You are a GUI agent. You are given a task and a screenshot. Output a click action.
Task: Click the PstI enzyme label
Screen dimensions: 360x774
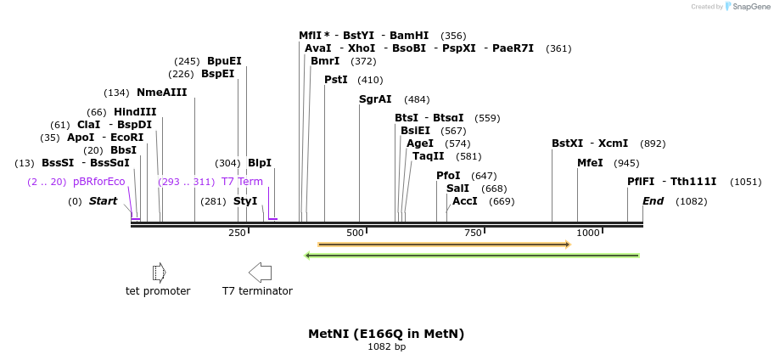[336, 80]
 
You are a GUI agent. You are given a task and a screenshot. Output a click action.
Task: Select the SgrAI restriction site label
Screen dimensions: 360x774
[375, 99]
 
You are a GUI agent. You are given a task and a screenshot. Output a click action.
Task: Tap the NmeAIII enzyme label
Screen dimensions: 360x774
[161, 93]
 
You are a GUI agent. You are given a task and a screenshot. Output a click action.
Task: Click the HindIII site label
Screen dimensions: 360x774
[135, 112]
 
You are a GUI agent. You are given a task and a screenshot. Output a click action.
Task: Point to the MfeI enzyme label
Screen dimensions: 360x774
[590, 163]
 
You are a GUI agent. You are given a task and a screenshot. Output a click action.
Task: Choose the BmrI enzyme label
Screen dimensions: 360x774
[325, 61]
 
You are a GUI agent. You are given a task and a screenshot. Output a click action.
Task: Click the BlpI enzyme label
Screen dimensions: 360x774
[260, 163]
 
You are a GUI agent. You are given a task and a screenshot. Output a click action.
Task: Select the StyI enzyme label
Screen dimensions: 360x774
[245, 201]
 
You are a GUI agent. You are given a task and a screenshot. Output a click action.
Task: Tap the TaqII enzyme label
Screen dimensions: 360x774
[429, 156]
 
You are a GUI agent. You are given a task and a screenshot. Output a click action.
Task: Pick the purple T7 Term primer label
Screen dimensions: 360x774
[242, 182]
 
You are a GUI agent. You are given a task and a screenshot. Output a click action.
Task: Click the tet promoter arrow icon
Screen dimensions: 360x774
[158, 272]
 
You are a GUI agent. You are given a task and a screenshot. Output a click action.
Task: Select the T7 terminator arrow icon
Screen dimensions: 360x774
[260, 272]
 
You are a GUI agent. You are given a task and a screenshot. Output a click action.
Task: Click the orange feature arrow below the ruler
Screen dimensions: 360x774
[444, 245]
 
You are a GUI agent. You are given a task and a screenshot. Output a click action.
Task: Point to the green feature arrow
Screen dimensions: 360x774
[472, 255]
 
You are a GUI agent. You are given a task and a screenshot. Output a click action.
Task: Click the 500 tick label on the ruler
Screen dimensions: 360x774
[355, 233]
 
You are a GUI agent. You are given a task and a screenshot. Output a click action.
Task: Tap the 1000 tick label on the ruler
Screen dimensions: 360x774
[588, 233]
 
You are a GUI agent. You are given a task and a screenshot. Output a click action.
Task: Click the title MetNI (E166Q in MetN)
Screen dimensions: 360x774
[386, 334]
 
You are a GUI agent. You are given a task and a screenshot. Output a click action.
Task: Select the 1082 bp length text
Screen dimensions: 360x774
[386, 346]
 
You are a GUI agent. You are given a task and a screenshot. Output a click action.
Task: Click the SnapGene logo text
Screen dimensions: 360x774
[750, 6]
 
